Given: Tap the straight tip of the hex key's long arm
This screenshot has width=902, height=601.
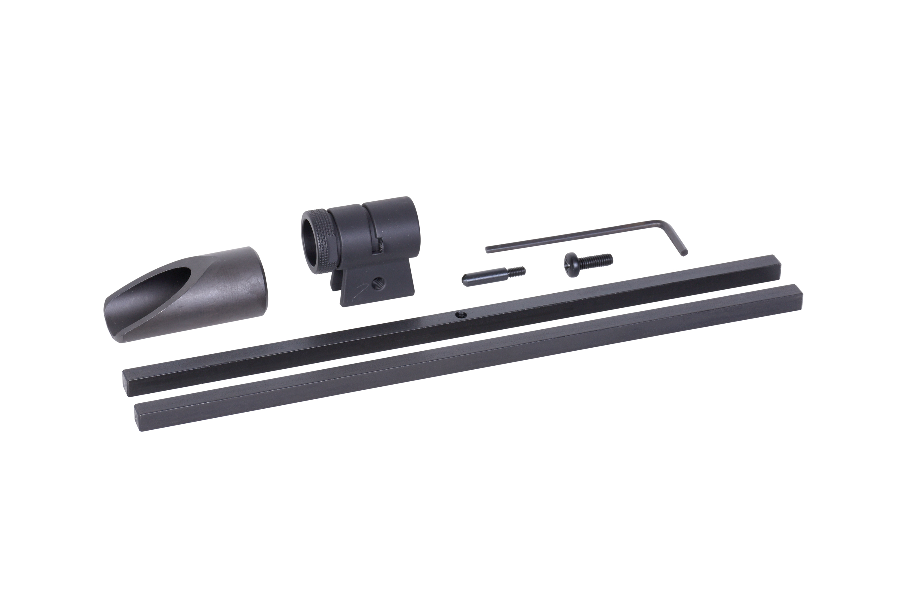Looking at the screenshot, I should pyautogui.click(x=488, y=249).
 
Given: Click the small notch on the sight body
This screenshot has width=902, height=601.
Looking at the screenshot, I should pyautogui.click(x=380, y=245).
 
